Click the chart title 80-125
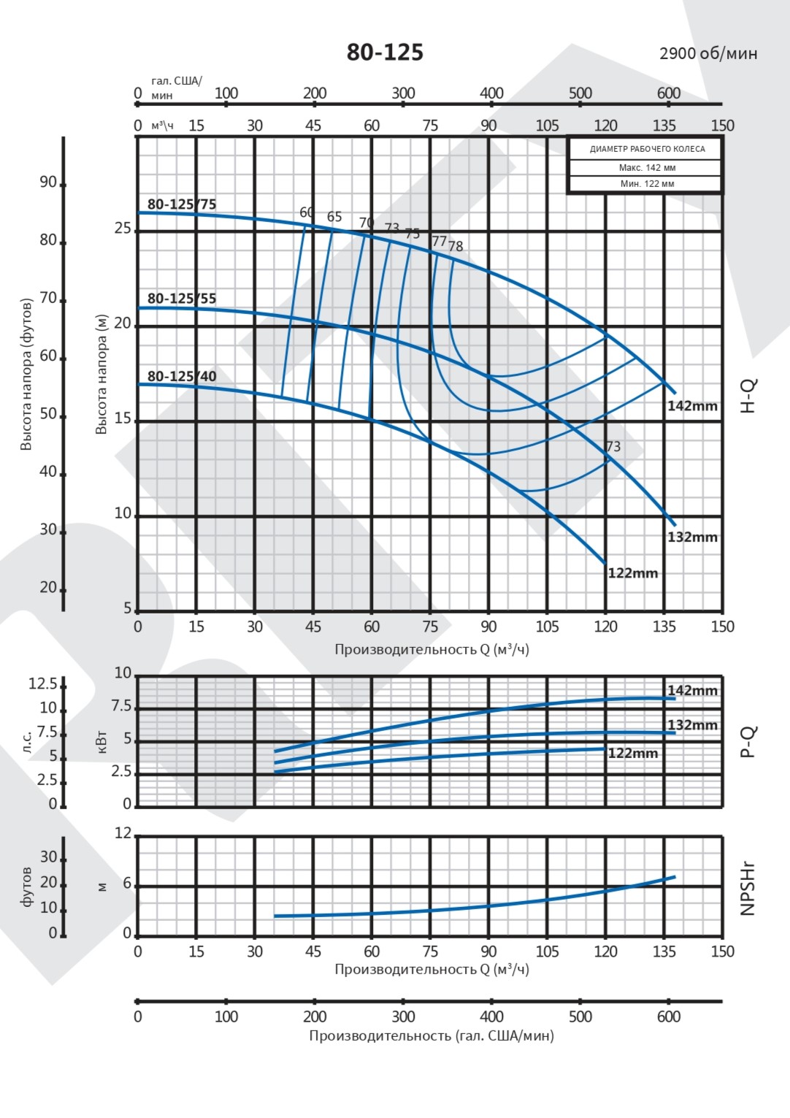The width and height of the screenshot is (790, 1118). (x=385, y=53)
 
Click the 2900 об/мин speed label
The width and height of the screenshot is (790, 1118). (x=707, y=53)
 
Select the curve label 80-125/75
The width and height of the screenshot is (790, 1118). (x=182, y=204)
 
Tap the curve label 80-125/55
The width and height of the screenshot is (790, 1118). (x=182, y=299)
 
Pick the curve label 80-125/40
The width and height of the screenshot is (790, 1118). (x=182, y=377)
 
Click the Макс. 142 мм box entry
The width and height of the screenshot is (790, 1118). (x=647, y=168)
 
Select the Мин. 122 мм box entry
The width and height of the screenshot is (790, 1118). (x=647, y=184)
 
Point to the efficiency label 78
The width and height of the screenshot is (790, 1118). (x=456, y=247)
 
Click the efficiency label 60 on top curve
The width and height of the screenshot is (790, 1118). (x=307, y=213)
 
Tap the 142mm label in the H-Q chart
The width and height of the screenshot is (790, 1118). (x=692, y=406)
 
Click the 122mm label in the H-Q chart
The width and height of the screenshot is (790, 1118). (x=633, y=573)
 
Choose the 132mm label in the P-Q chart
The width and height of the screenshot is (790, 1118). (x=692, y=725)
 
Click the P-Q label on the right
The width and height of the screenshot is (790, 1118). (x=748, y=742)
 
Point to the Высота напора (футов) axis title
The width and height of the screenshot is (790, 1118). (x=27, y=374)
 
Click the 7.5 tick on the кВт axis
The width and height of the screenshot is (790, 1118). (x=121, y=706)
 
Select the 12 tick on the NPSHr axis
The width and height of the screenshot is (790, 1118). (x=123, y=833)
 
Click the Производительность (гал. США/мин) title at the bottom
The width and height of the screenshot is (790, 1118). (x=431, y=1035)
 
